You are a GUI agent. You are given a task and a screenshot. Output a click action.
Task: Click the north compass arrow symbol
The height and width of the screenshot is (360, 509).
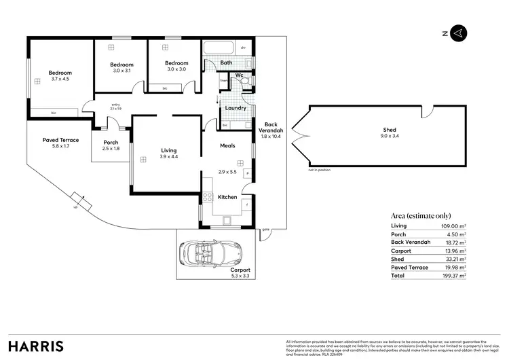click(x=458, y=33)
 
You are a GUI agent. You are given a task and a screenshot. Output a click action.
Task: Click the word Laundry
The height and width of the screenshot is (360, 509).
click(x=235, y=108)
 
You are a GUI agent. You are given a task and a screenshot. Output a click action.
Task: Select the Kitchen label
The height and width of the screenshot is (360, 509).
click(x=227, y=197)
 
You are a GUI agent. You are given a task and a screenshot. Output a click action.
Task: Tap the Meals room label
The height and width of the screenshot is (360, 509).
click(x=227, y=145)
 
